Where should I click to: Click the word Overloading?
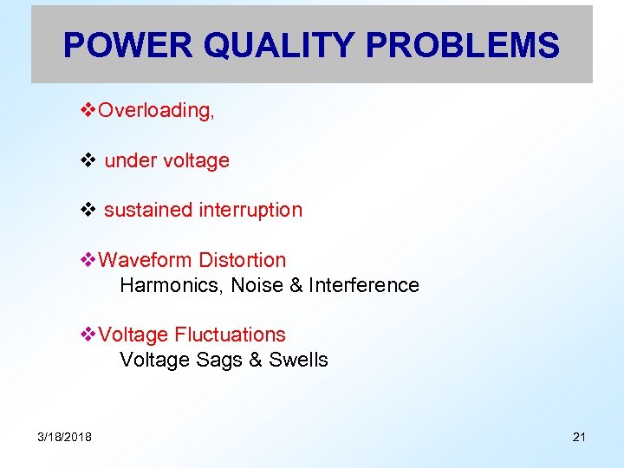tap(156, 110)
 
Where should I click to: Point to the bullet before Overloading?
tap(88, 110)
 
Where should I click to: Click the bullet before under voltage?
tap(88, 160)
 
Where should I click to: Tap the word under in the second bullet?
tap(128, 160)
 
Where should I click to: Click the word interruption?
tap(250, 210)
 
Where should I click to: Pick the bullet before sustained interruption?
tap(88, 210)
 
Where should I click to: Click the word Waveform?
tap(146, 260)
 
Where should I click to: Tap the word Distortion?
tap(242, 260)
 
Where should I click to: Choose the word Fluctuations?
tap(230, 335)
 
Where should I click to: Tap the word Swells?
tap(298, 360)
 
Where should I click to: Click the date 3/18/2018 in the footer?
tap(64, 436)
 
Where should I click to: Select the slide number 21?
tap(579, 436)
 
